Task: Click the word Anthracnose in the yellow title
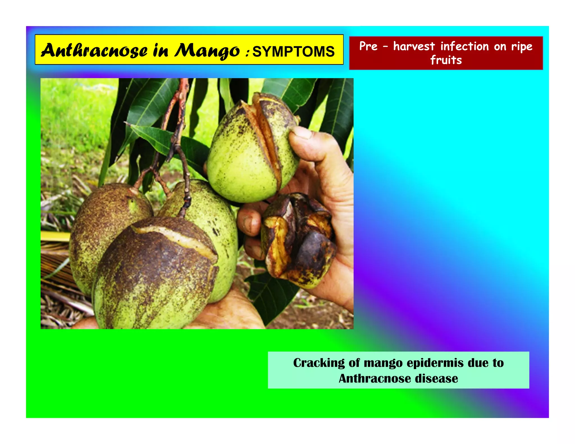94,51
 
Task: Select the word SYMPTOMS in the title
293,52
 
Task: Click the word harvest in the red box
414,46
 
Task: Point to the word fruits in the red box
446,60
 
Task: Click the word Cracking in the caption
319,363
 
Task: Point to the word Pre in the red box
368,46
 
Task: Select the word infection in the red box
464,46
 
